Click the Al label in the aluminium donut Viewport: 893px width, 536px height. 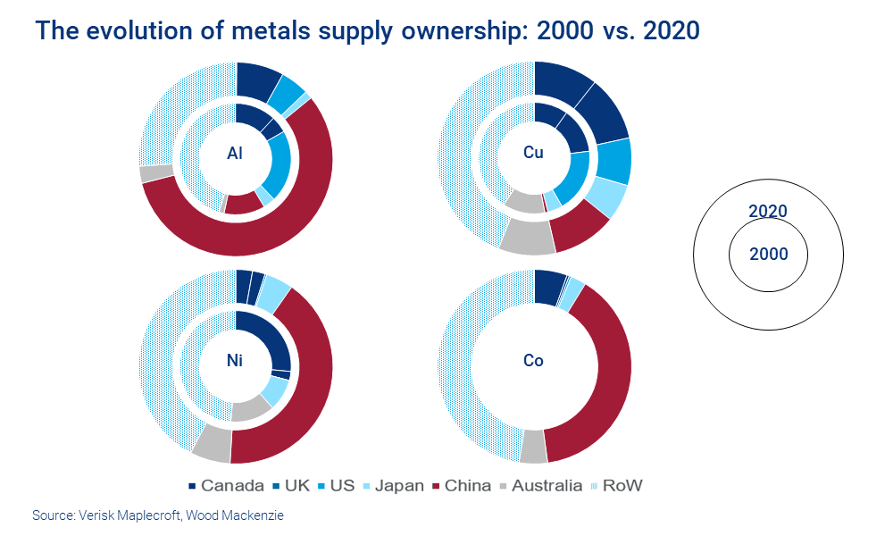point(235,153)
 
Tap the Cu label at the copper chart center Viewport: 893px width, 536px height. point(533,153)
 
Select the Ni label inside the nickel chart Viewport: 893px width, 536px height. point(235,362)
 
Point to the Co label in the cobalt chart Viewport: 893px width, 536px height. point(533,362)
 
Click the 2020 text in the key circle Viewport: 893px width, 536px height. point(767,212)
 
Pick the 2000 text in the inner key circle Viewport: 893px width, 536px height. point(768,255)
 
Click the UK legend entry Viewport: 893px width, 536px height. point(292,486)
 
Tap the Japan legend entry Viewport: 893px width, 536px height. point(392,486)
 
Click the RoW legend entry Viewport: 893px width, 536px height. point(616,486)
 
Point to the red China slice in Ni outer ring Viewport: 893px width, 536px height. point(304,393)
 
